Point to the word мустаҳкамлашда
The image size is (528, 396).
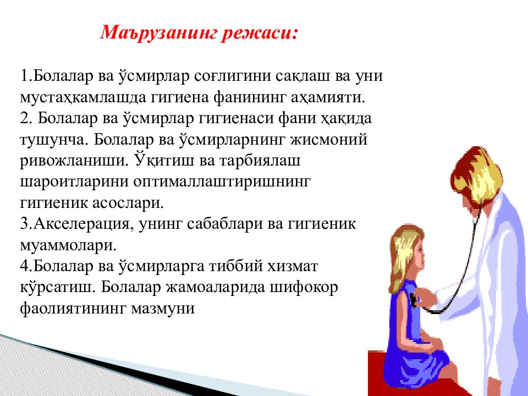click(x=82, y=98)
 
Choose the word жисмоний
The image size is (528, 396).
click(x=329, y=139)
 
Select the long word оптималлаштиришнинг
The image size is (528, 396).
click(x=222, y=182)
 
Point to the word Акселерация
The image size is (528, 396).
click(x=81, y=224)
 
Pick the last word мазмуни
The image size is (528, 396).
click(x=163, y=309)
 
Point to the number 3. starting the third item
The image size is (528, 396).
click(x=26, y=224)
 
